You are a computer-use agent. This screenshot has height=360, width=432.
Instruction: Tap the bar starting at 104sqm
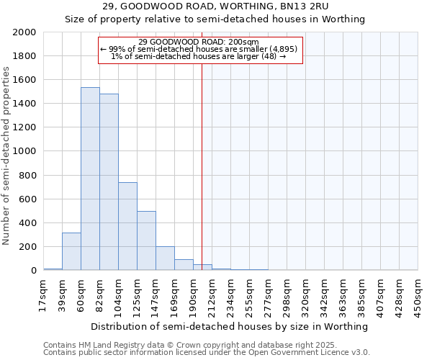[x=127, y=226]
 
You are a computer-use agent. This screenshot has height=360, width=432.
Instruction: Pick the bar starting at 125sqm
[x=146, y=240]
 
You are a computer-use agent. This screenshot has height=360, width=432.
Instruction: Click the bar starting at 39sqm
[x=71, y=251]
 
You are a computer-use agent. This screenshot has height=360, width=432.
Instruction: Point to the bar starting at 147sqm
[x=165, y=258]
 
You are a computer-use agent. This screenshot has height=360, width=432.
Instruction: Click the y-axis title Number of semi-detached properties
[x=6, y=156]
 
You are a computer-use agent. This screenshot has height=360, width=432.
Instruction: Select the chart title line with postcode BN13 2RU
[x=215, y=6]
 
